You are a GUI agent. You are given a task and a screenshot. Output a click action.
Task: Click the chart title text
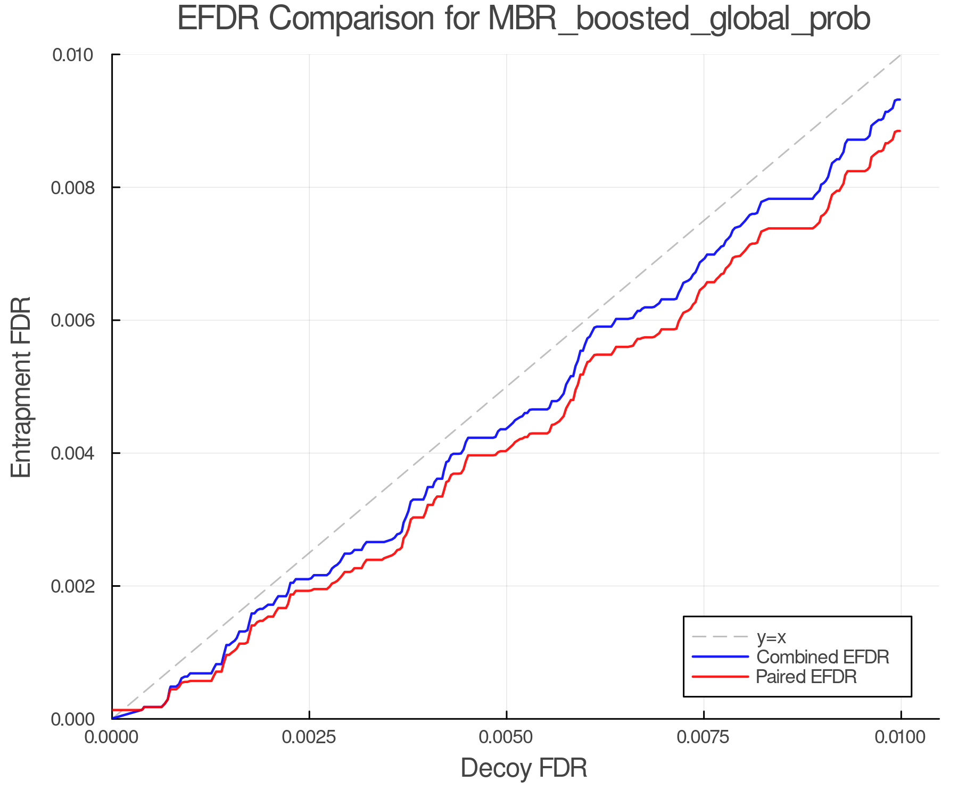pyautogui.click(x=523, y=19)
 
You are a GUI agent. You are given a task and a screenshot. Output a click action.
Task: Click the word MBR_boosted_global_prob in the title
pyautogui.click(x=679, y=19)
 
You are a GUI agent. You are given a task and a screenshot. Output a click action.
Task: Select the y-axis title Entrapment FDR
pyautogui.click(x=21, y=387)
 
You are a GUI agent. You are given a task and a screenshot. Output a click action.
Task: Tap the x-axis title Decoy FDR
pyautogui.click(x=523, y=768)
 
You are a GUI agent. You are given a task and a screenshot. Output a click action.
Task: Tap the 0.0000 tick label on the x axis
pyautogui.click(x=112, y=738)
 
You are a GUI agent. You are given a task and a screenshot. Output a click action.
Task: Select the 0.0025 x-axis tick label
pyautogui.click(x=309, y=738)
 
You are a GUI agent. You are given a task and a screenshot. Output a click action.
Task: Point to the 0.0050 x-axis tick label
pyautogui.click(x=506, y=738)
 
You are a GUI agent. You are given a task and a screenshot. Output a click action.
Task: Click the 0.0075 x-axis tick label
pyautogui.click(x=704, y=738)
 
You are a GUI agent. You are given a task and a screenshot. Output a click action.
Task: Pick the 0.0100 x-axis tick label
pyautogui.click(x=901, y=738)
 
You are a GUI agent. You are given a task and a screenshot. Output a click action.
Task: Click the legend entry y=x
pyautogui.click(x=771, y=637)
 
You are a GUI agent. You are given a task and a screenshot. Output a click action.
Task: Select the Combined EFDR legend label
pyautogui.click(x=822, y=657)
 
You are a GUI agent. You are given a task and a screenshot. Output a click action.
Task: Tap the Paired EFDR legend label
pyautogui.click(x=806, y=677)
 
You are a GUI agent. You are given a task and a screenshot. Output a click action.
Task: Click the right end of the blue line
pyautogui.click(x=899, y=99)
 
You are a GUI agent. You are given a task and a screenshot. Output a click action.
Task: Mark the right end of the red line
pyautogui.click(x=899, y=131)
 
